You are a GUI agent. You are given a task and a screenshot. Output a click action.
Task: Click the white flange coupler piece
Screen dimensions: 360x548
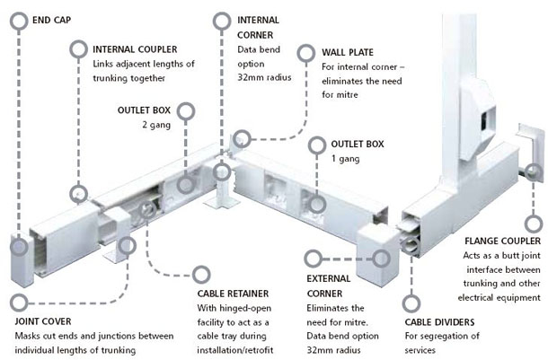coord(529,153)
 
